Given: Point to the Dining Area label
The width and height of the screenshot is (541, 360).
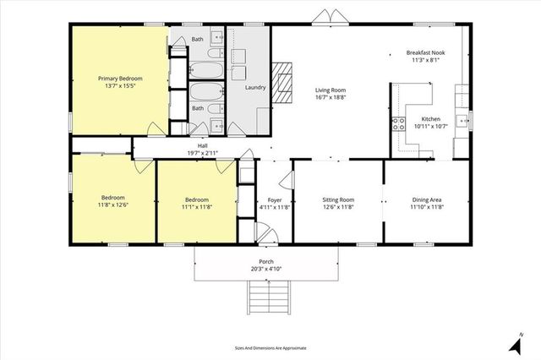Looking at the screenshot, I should (x=427, y=199).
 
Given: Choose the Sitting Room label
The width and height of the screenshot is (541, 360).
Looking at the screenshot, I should (x=338, y=199).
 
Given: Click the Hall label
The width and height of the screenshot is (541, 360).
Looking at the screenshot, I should (x=203, y=145).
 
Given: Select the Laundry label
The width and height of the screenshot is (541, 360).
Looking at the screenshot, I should (x=254, y=88).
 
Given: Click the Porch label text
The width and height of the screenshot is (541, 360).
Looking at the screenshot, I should (x=265, y=261).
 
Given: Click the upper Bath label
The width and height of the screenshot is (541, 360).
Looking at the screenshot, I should (x=197, y=40).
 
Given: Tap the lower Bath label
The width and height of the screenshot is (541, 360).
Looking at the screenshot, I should (x=197, y=108).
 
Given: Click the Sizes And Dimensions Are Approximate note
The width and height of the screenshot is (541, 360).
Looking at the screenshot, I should (x=270, y=347).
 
